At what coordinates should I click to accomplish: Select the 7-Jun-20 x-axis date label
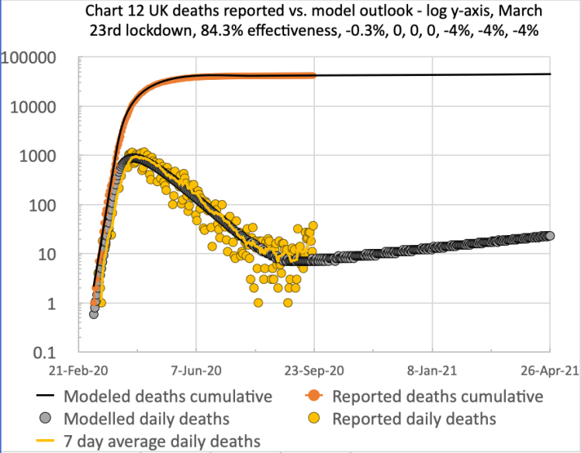(x=196, y=372)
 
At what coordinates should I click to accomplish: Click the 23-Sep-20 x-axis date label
(x=314, y=372)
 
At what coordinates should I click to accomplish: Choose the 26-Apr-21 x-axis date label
(x=548, y=372)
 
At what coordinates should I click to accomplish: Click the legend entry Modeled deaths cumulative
(x=168, y=396)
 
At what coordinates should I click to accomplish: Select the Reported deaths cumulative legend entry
(x=437, y=396)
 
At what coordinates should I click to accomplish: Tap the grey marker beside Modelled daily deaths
(x=47, y=419)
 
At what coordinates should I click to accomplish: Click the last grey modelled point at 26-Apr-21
(x=550, y=236)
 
